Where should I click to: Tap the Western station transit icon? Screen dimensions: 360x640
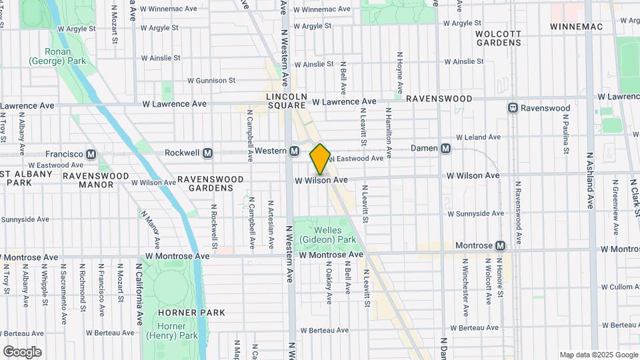pos(294,151)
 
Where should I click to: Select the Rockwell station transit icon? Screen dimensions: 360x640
pos(207,153)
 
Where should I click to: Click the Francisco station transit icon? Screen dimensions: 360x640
pos(91,154)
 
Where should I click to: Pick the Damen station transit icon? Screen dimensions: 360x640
pos(446,148)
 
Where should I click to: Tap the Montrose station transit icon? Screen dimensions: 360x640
pos(500,245)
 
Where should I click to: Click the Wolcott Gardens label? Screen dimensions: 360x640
pos(499,37)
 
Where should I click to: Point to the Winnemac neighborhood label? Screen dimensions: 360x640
pos(576,27)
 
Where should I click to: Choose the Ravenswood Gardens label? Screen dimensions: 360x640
pos(205,183)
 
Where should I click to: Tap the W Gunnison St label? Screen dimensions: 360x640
pos(211,80)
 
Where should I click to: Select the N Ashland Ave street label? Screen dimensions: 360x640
pos(590,181)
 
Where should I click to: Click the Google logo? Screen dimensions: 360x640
pos(22,352)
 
